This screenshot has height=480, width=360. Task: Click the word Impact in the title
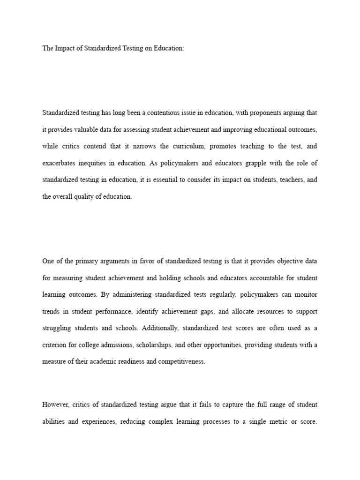pos(65,49)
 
